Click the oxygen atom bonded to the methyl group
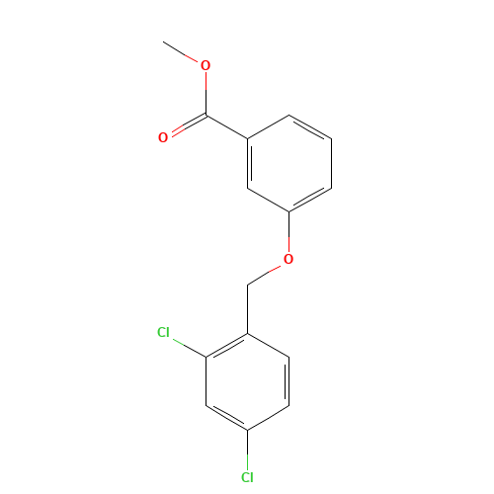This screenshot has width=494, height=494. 206,65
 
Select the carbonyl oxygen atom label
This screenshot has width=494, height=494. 163,137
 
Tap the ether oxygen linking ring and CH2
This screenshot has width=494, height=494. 288,259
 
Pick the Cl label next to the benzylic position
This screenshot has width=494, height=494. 163,332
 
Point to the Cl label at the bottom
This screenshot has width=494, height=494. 247,477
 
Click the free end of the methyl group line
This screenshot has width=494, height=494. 163,41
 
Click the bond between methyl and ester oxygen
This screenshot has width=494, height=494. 180,51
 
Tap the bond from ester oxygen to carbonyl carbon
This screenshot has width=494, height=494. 206,94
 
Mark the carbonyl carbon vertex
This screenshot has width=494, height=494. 206,116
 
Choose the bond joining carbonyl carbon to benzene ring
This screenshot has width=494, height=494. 227,127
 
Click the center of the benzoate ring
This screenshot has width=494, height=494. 289,163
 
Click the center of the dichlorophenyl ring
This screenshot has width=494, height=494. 248,381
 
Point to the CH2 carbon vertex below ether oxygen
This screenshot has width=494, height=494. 248,285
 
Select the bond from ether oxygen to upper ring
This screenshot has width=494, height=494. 288,232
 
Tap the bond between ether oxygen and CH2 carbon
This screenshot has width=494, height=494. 265,275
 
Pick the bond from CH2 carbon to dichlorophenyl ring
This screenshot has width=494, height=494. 248,309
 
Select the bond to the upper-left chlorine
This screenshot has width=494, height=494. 189,348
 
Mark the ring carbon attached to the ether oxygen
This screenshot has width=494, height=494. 288,211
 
